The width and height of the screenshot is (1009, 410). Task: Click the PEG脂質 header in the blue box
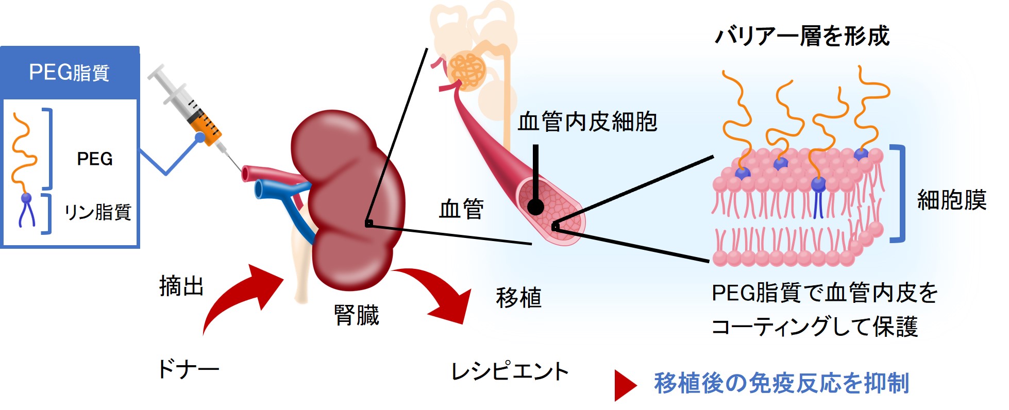coord(69,73)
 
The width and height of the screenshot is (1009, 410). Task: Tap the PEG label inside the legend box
coord(95,159)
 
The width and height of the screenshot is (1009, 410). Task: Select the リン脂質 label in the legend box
coord(97,212)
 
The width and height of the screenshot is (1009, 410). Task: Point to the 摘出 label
coord(181,286)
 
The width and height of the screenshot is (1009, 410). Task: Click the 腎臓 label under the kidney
coord(356,315)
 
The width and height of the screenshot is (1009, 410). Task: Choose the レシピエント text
coord(510,371)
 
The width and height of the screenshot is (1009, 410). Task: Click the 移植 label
coord(518,297)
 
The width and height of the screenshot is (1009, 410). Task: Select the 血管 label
coord(461,209)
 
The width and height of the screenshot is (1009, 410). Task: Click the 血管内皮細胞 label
coord(587,122)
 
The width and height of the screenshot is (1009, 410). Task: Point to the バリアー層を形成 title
coord(802,36)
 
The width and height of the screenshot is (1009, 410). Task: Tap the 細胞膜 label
coord(951,199)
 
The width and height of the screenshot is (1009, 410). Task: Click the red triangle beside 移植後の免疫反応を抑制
coord(625,385)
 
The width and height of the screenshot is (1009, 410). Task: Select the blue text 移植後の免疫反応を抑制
coord(781,383)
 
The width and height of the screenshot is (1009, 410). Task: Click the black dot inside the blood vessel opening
coord(536,207)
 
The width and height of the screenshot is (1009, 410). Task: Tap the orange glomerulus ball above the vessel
coord(467,71)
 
